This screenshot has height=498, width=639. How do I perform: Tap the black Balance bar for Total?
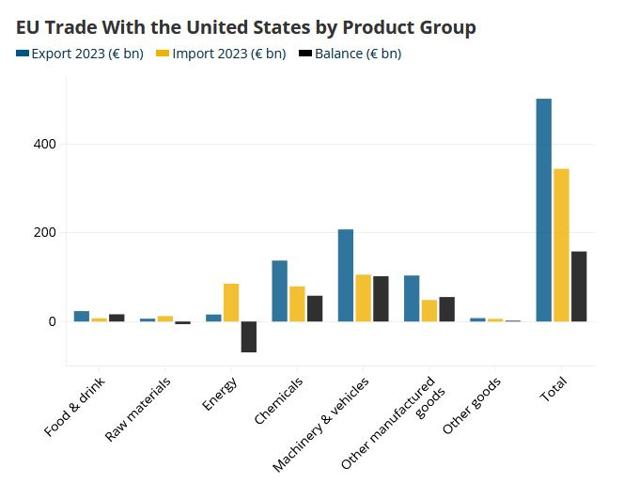579,286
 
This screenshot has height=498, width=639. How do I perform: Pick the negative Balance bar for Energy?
249,336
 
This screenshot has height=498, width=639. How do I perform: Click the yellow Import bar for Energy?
231,302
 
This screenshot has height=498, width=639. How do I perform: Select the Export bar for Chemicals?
279,290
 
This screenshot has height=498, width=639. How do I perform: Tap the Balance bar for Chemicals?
315,308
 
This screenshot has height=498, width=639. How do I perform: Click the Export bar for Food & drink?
82,316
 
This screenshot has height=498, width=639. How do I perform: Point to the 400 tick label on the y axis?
45,144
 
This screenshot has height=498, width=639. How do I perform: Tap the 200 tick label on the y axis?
45,232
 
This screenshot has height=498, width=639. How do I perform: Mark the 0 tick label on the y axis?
53,321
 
